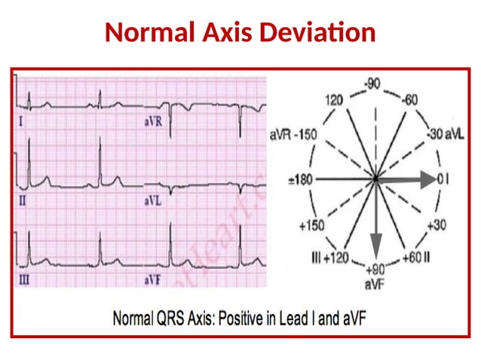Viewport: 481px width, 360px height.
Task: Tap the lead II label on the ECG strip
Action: pyautogui.click(x=20, y=201)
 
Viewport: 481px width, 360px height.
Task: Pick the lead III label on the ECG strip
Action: pyautogui.click(x=22, y=279)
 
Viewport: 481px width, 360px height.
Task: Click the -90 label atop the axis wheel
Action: pyautogui.click(x=374, y=82)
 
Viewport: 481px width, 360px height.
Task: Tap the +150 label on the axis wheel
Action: pyautogui.click(x=311, y=225)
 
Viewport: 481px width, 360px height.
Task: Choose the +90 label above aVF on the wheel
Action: pyautogui.click(x=375, y=269)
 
